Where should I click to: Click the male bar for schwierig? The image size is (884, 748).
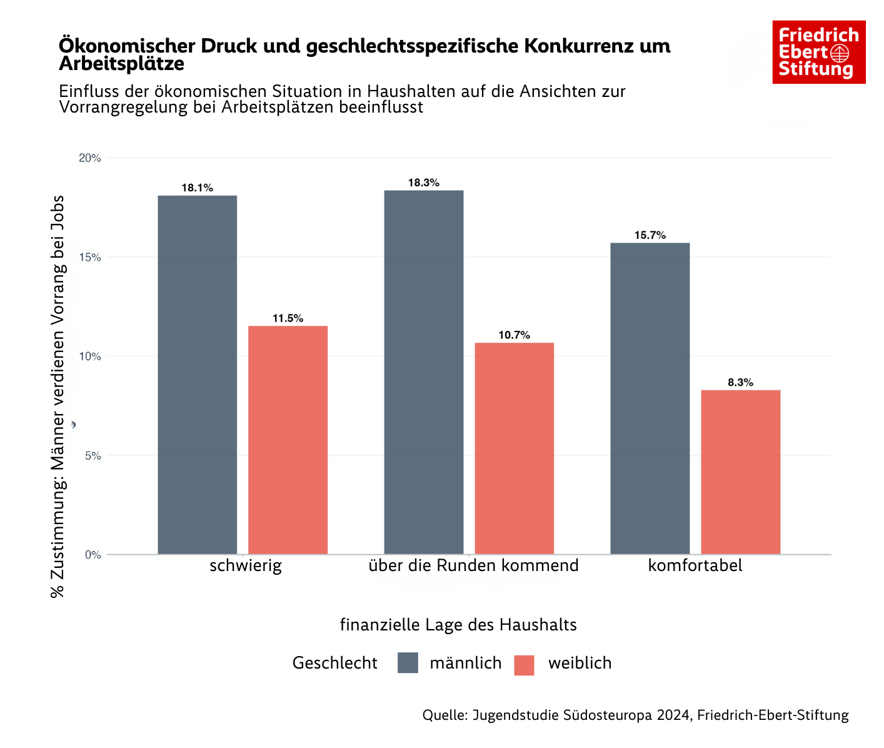coord(197,375)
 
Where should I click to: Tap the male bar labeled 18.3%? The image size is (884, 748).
coord(424,372)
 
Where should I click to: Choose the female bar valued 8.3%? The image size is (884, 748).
coord(740,472)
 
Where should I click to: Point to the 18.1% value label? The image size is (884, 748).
coord(197,188)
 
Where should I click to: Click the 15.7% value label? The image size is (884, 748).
coord(650,235)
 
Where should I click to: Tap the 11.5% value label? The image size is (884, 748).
coord(288,318)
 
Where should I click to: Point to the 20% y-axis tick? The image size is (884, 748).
coord(90,158)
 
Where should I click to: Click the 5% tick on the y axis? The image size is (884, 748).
coord(93,456)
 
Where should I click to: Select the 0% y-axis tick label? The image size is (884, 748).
coord(93,555)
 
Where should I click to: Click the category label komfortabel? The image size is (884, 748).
coord(695,566)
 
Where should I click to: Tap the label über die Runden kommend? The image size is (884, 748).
coord(473,566)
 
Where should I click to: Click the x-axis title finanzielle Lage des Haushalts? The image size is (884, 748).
coord(458,625)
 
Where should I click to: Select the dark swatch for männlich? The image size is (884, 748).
coord(408,663)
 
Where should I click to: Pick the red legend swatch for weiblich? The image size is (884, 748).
coord(524,665)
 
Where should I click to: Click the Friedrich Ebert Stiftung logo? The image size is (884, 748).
coord(818,52)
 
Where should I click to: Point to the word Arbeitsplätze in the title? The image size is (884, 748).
coord(121,64)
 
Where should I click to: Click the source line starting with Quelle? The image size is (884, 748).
coord(635,715)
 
